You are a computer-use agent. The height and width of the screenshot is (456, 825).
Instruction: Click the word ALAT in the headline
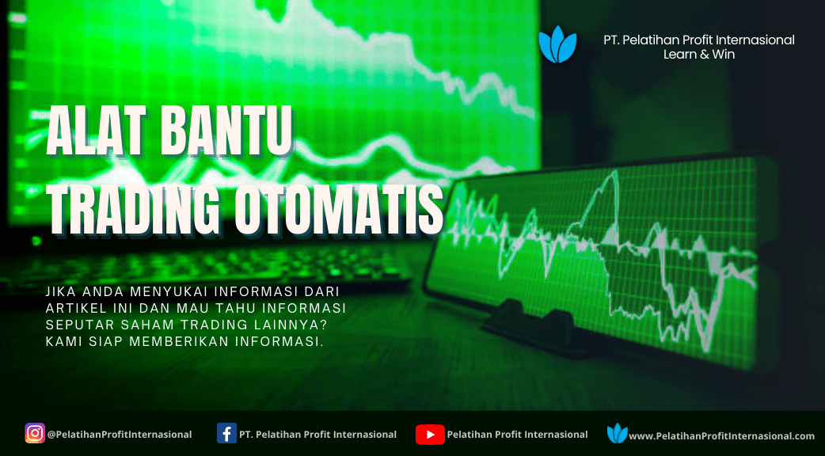coord(96,130)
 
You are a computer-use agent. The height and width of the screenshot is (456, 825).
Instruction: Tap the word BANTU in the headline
coord(226,130)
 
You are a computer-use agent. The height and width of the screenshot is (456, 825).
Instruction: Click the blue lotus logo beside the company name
coord(557,44)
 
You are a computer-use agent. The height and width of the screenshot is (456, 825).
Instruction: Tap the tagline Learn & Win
coord(699,54)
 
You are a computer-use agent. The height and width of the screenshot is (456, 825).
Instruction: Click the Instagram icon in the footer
coord(35,433)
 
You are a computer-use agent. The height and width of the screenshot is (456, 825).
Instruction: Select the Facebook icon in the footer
coord(226,434)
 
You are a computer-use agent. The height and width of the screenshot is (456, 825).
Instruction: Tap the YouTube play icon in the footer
coord(430,435)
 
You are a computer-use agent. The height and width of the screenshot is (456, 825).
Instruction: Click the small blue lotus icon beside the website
coord(618,433)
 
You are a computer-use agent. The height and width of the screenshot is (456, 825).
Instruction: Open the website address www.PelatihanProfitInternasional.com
coord(721,436)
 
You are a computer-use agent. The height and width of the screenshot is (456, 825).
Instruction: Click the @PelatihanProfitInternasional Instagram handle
coord(120,435)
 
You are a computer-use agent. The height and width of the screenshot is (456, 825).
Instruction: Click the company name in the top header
coord(699,40)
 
